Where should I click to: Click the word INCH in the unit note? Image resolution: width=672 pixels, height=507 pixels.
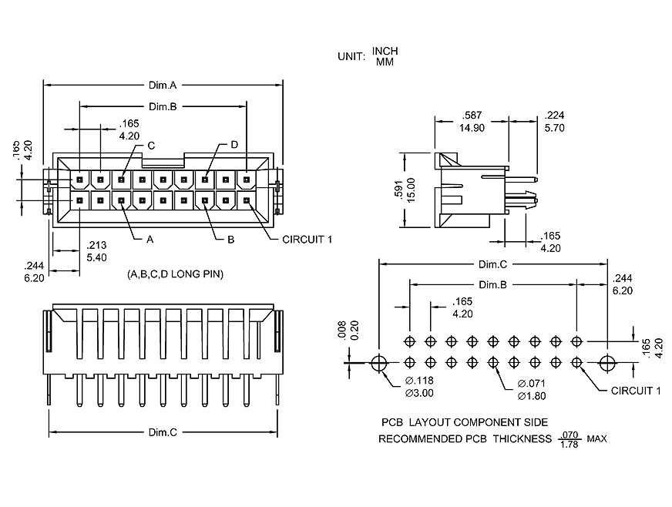click(385, 51)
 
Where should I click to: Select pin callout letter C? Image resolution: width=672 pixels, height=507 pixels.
click(151, 145)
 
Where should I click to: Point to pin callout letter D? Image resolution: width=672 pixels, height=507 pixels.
click(234, 145)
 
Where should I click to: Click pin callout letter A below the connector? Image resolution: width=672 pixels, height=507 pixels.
click(150, 240)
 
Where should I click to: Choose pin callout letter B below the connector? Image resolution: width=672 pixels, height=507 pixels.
click(230, 240)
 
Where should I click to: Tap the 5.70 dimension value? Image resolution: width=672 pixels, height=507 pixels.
click(555, 128)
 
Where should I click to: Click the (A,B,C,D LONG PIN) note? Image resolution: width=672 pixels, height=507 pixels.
click(174, 274)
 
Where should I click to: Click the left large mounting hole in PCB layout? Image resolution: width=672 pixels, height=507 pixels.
click(378, 363)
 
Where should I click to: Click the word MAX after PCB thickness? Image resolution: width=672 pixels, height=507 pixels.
click(596, 439)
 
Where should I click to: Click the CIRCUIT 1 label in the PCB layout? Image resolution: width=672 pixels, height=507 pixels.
click(636, 391)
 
